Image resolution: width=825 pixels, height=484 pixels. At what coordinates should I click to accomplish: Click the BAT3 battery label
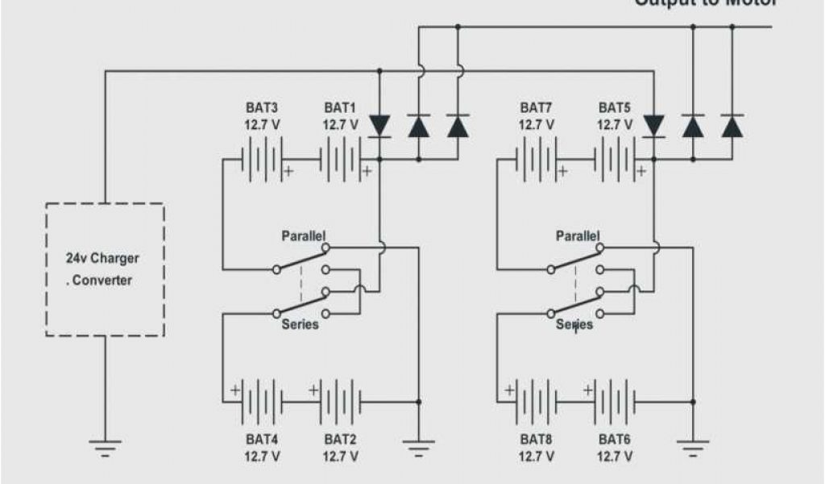point(262,107)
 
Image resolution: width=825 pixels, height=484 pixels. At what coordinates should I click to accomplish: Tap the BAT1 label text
point(340,107)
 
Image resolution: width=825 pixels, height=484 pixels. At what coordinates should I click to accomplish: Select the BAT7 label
point(536,107)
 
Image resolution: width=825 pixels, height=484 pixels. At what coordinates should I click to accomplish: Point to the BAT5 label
point(615,107)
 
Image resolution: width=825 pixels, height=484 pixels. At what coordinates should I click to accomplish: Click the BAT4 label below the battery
point(262,440)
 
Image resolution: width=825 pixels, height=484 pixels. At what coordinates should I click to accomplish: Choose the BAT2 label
point(340,440)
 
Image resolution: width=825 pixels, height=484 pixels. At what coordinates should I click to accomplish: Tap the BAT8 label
point(536,440)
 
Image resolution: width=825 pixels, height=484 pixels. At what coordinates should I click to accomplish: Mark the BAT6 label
point(615,440)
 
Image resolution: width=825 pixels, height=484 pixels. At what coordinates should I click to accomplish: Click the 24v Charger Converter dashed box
point(105,269)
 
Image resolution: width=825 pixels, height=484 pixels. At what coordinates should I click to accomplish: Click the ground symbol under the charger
point(105,445)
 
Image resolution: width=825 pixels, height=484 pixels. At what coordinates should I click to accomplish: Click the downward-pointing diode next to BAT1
point(379,126)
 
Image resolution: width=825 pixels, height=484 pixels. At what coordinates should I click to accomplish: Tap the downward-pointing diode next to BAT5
point(653,126)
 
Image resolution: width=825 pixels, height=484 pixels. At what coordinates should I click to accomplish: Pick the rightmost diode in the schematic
point(732,126)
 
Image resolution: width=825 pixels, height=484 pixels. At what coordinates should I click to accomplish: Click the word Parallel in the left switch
point(304,237)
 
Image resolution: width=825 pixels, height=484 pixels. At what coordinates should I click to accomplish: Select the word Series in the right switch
point(574,324)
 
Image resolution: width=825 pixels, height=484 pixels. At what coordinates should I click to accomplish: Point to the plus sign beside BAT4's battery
point(235,390)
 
